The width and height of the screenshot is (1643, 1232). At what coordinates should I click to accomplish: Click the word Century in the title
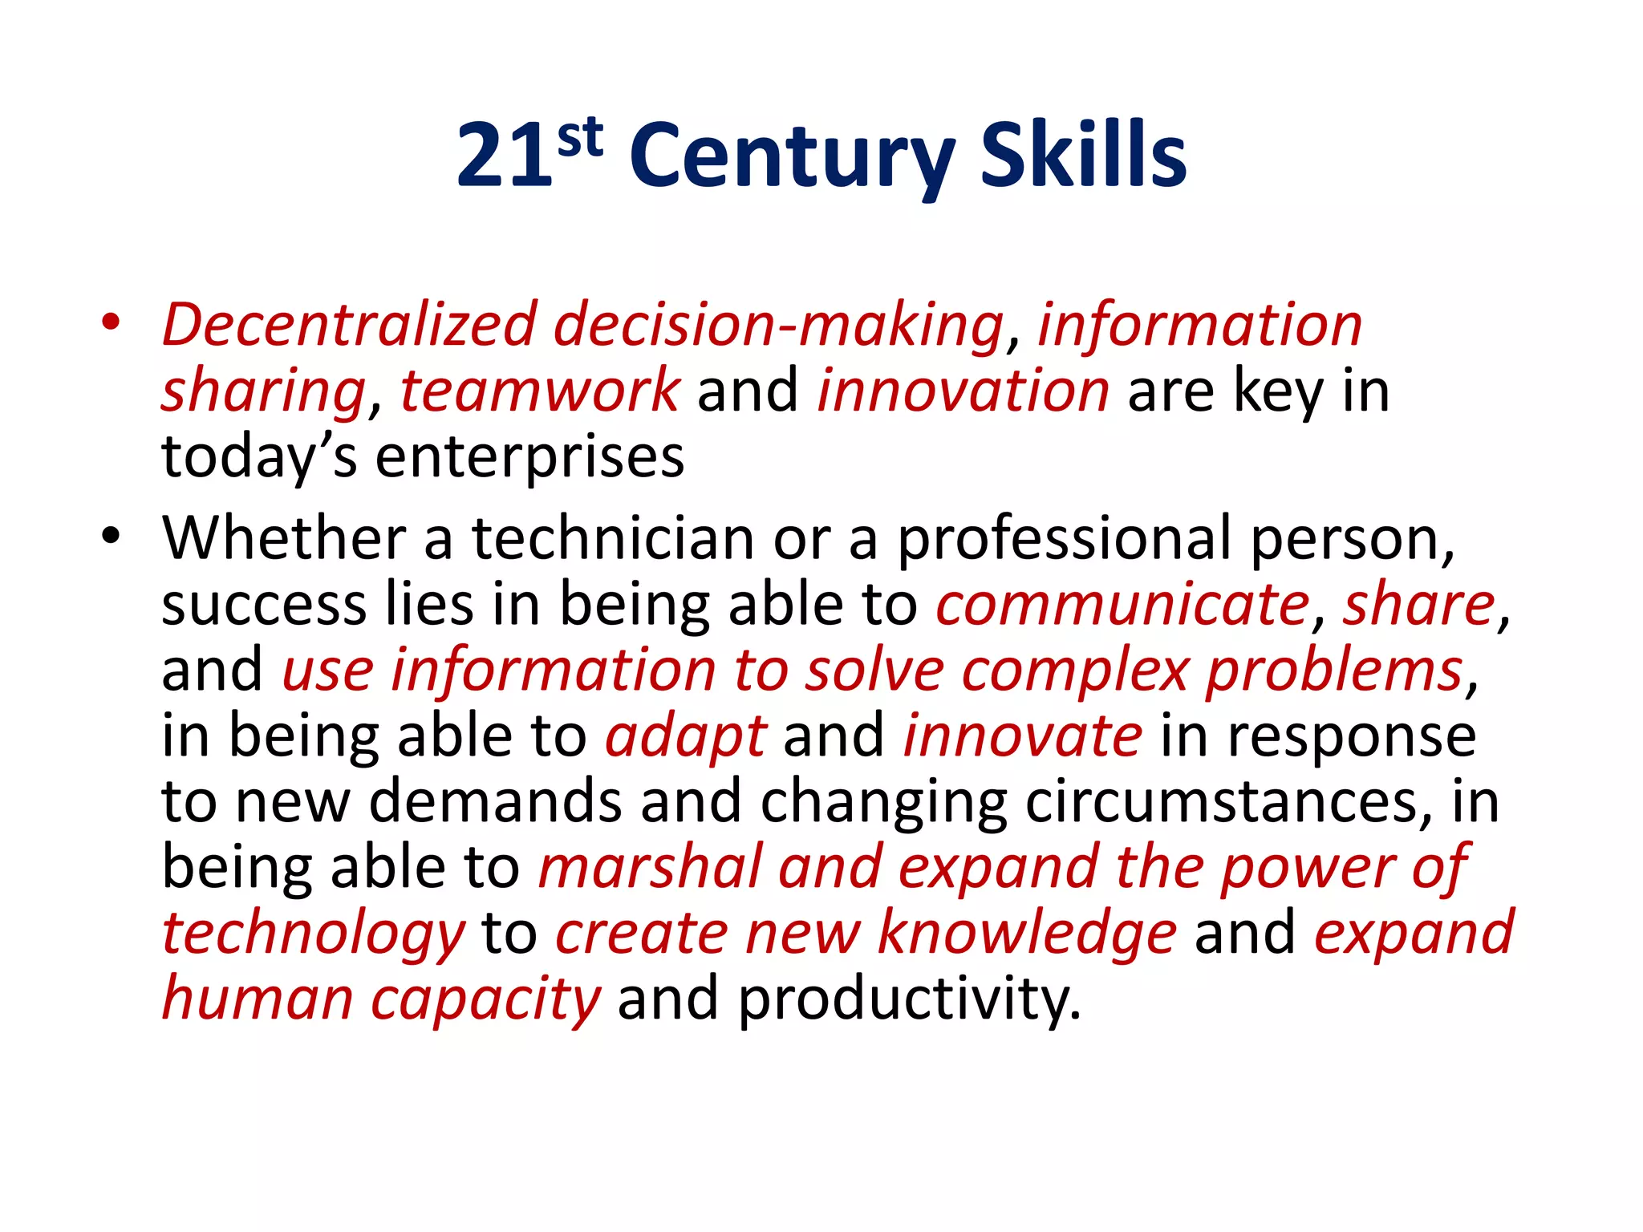click(x=793, y=156)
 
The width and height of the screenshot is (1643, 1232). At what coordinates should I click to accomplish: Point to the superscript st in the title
click(x=580, y=138)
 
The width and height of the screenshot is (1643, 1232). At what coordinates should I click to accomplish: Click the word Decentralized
click(x=349, y=325)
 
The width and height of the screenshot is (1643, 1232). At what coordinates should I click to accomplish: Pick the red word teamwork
click(x=540, y=391)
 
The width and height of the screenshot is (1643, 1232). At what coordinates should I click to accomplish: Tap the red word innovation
click(x=963, y=391)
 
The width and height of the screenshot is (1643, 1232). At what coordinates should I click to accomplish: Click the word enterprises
click(x=529, y=457)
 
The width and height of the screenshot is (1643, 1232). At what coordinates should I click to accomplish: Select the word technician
click(x=613, y=538)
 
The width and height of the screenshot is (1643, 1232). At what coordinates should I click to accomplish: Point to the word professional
click(x=1064, y=540)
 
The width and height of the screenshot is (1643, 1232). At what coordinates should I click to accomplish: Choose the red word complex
click(x=1075, y=671)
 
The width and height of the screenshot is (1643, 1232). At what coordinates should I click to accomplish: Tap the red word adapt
click(x=686, y=737)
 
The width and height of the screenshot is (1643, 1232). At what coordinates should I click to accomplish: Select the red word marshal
click(x=650, y=868)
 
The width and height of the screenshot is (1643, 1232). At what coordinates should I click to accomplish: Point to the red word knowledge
click(x=1027, y=934)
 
